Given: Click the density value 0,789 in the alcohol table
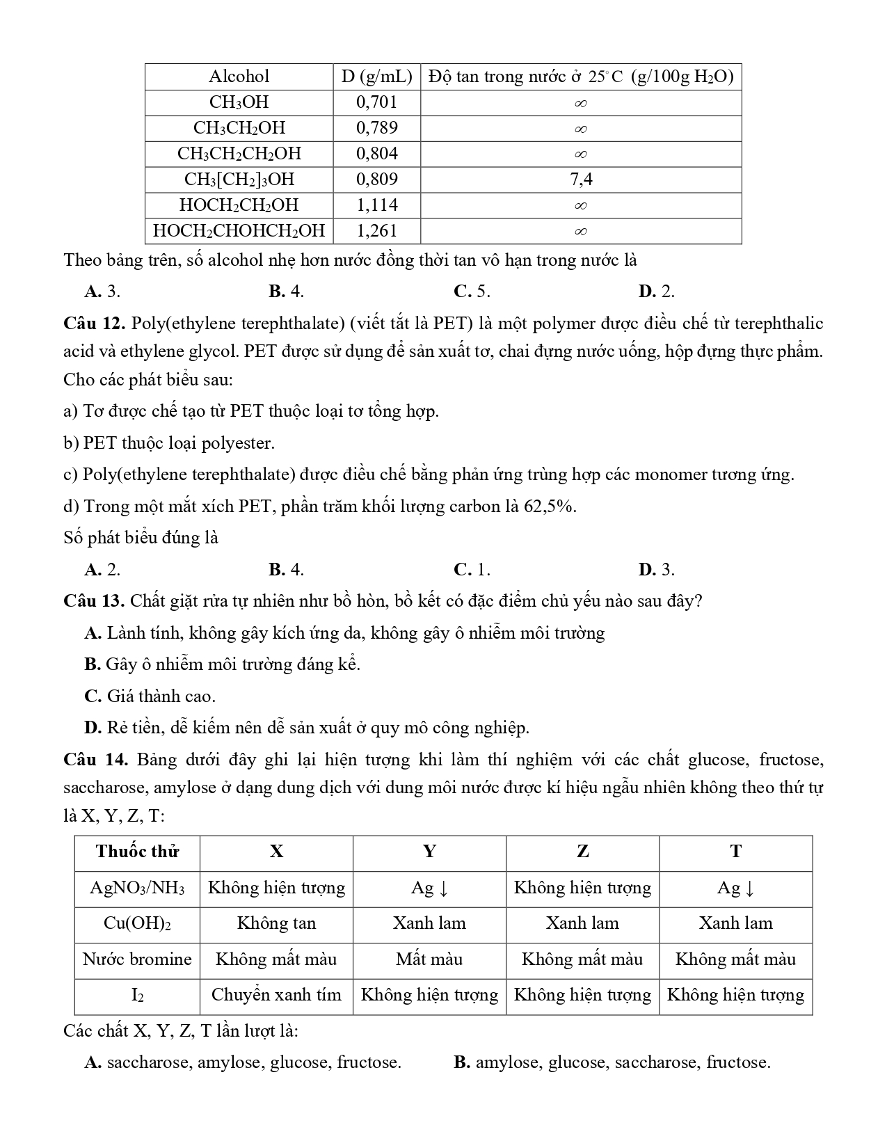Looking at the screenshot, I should tap(376, 128).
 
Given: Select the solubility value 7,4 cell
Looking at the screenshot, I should tap(581, 180).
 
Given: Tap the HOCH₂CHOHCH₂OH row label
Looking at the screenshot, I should tap(239, 231).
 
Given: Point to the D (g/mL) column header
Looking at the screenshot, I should tap(376, 77).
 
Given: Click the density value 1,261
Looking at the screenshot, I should tap(376, 231).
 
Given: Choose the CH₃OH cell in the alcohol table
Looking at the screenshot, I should tap(239, 102).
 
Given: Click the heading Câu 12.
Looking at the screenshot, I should tap(93, 324).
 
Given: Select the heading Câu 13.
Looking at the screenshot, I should tap(93, 600).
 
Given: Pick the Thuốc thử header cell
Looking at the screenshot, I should tap(137, 852).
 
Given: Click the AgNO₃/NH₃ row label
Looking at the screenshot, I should tap(137, 888).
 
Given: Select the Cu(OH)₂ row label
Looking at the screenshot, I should tap(137, 923).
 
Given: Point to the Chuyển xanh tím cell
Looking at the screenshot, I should tap(276, 995).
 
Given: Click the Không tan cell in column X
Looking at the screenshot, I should tap(276, 923).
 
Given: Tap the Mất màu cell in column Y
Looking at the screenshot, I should tap(429, 959).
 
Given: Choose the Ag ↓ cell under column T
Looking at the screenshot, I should tap(735, 888).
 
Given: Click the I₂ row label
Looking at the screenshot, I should tap(137, 995).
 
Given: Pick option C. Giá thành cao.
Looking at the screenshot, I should tap(150, 696).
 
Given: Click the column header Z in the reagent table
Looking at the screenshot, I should tap(582, 852).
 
